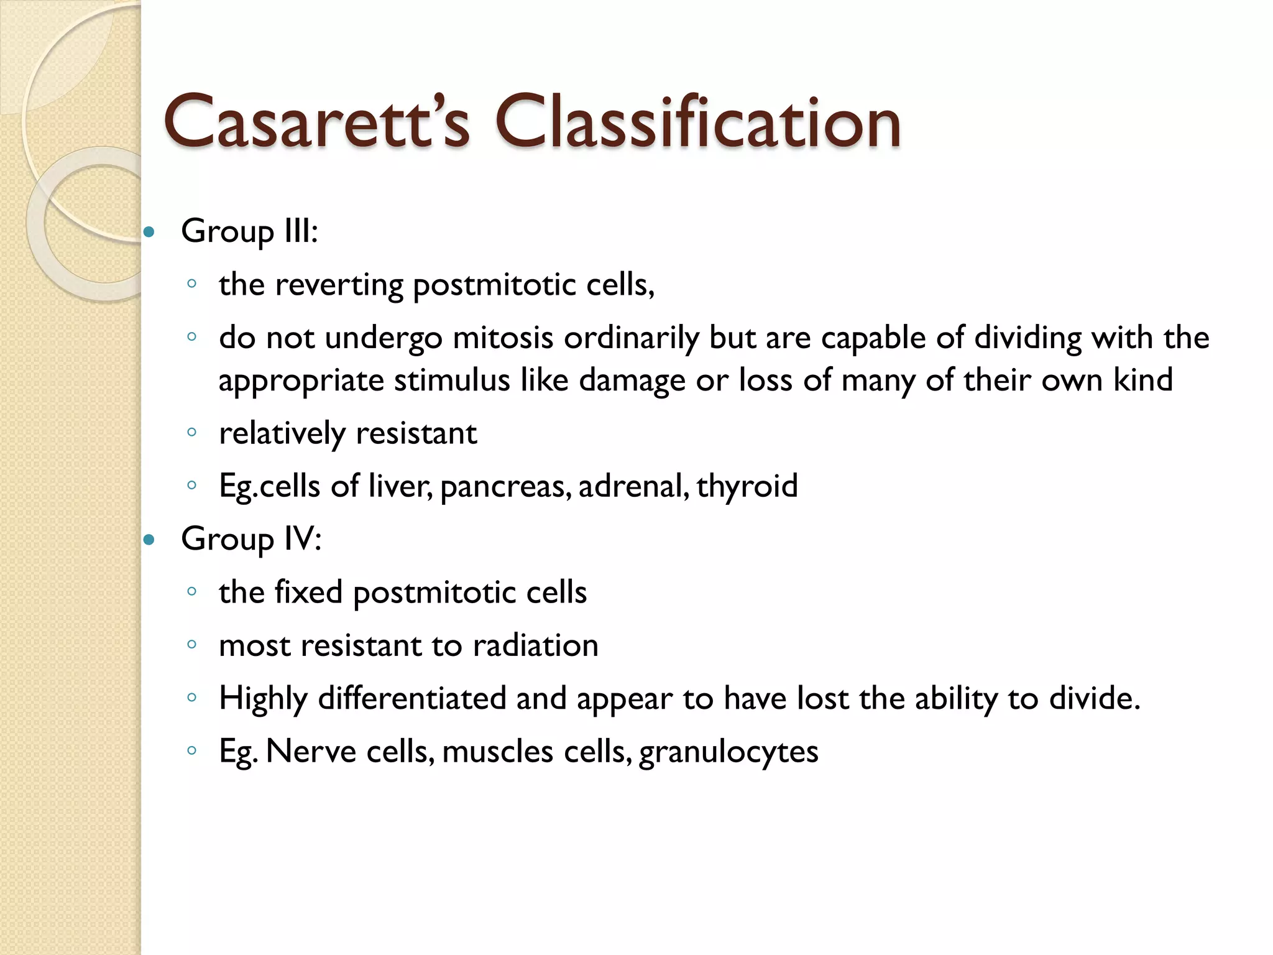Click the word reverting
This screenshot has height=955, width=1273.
point(339,285)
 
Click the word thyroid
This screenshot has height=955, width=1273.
point(747,486)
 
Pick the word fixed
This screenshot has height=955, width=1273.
point(308,592)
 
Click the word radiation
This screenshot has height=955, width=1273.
point(535,645)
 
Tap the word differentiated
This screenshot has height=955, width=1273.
point(412,698)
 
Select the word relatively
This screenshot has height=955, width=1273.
point(282,433)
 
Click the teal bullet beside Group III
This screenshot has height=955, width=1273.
point(149,233)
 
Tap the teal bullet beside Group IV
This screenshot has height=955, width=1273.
point(149,540)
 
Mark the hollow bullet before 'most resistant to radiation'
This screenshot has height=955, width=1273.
point(191,645)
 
